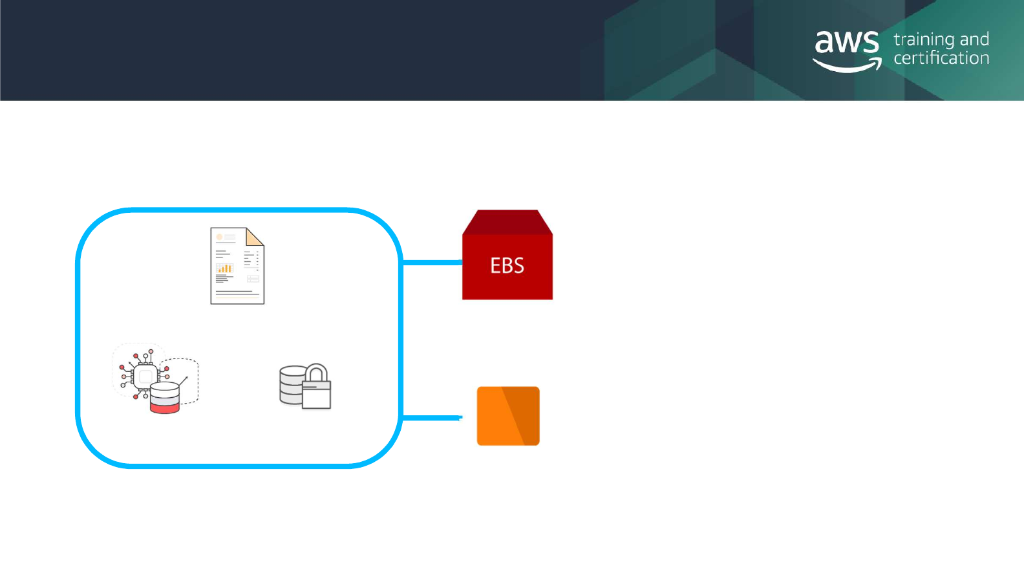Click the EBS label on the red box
(x=507, y=266)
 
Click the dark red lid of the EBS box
(x=507, y=222)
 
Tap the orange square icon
(x=507, y=416)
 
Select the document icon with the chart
(x=237, y=266)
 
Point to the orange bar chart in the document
(x=224, y=268)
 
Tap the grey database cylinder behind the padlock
(x=290, y=385)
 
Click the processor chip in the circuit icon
(x=145, y=376)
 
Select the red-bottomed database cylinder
(x=164, y=398)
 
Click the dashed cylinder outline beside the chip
(x=187, y=375)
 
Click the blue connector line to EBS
(x=432, y=263)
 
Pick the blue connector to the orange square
(x=432, y=418)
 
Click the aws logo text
(x=846, y=43)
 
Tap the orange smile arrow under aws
(x=847, y=65)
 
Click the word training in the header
(x=923, y=40)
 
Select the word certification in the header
(x=941, y=58)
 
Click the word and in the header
(x=974, y=40)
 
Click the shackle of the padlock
(x=316, y=373)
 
